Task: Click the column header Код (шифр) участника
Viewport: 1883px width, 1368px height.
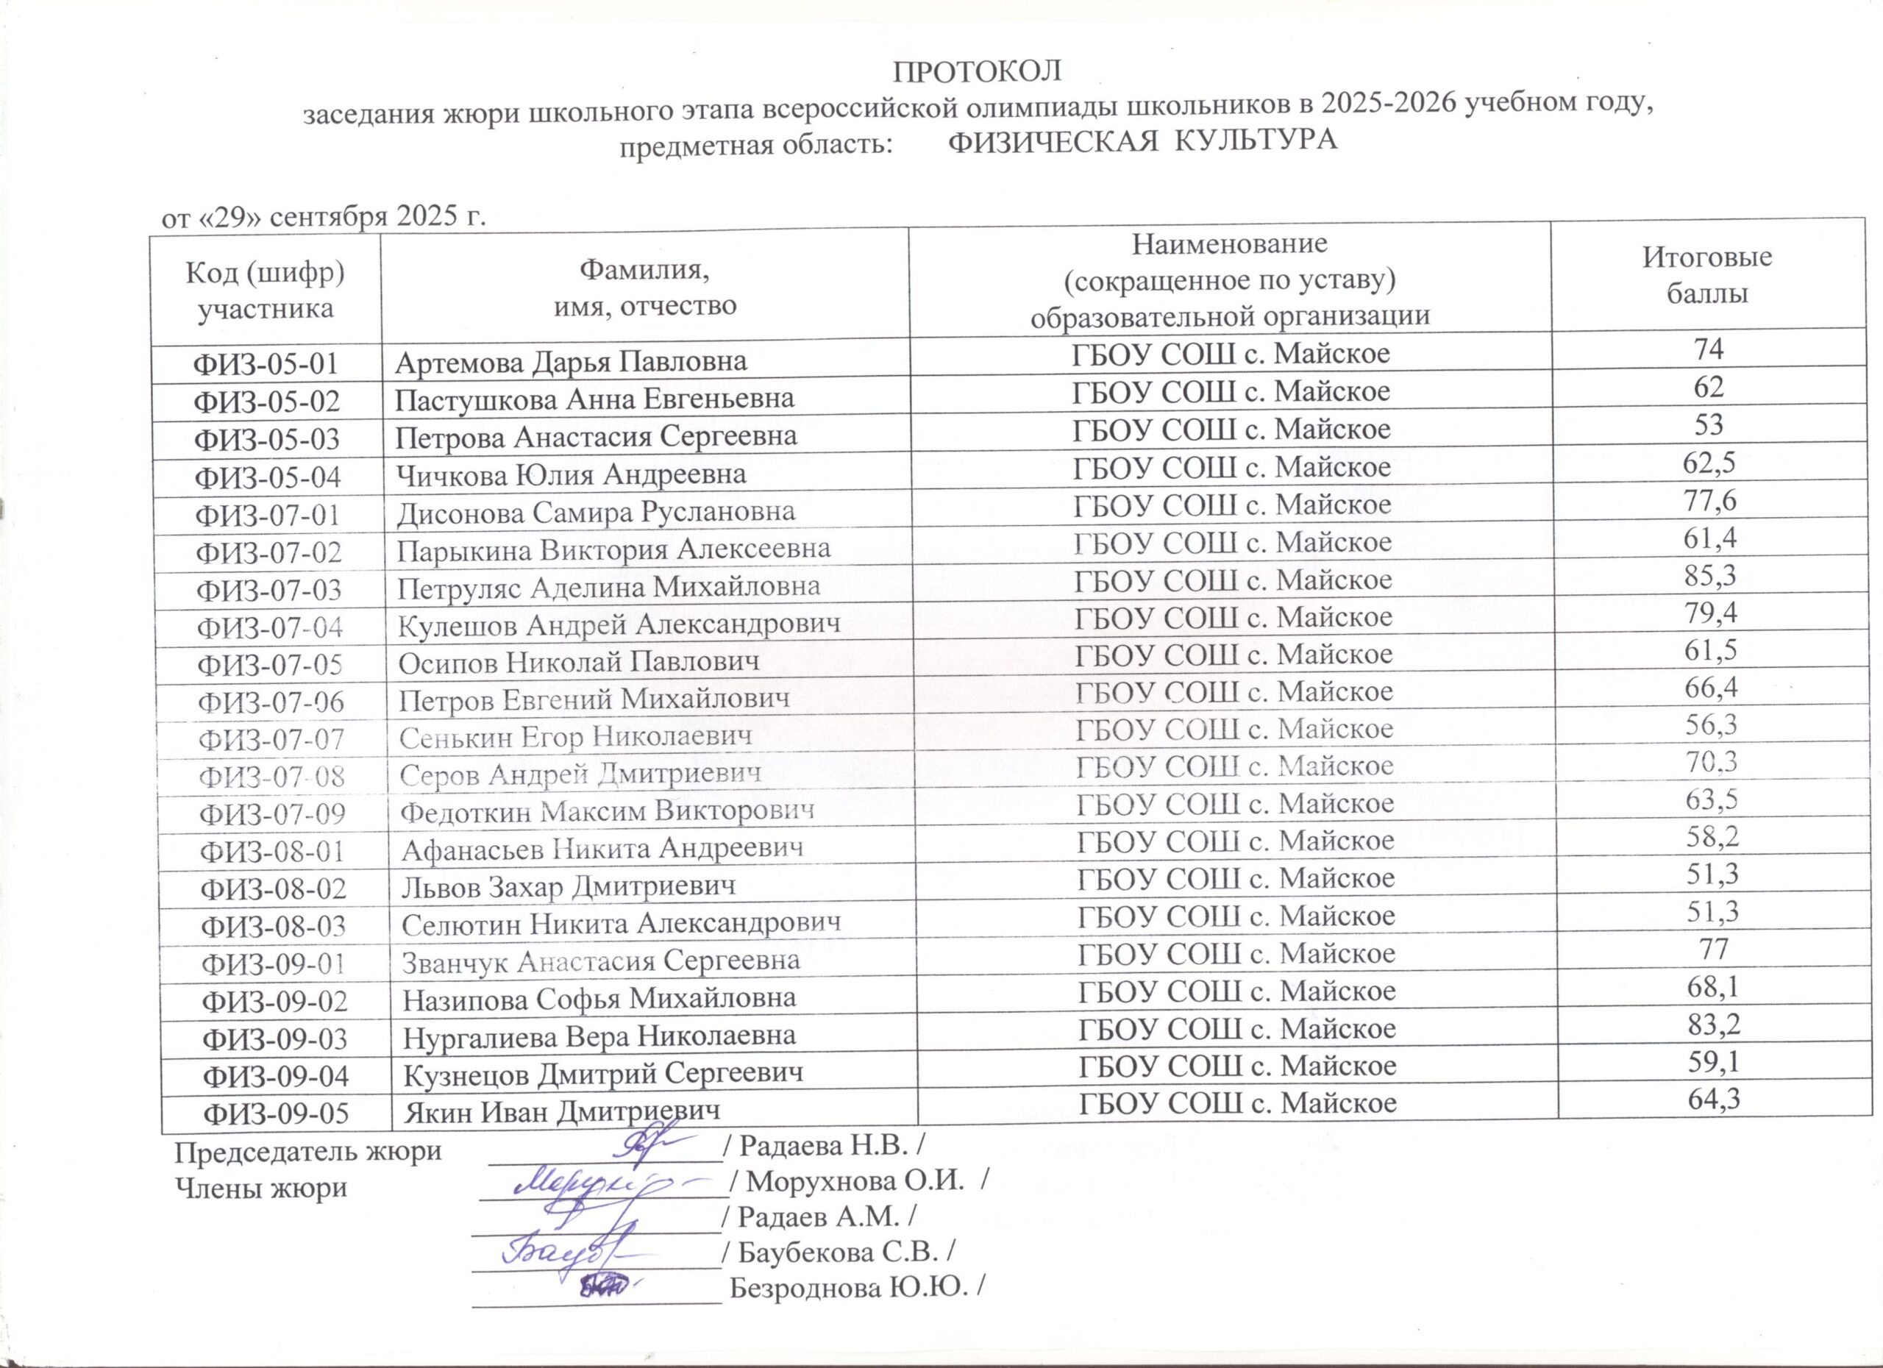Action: tap(265, 290)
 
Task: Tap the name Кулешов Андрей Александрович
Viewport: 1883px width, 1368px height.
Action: tap(619, 624)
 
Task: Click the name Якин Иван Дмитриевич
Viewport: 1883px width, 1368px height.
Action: tap(561, 1111)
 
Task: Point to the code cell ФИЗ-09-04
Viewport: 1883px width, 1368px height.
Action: tap(276, 1077)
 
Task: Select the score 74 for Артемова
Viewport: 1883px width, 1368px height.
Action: tap(1709, 349)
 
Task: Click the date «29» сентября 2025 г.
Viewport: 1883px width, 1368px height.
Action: tap(323, 218)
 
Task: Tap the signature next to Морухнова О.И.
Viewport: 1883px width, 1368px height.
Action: tap(598, 1183)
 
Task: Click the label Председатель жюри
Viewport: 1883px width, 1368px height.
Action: tap(307, 1153)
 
